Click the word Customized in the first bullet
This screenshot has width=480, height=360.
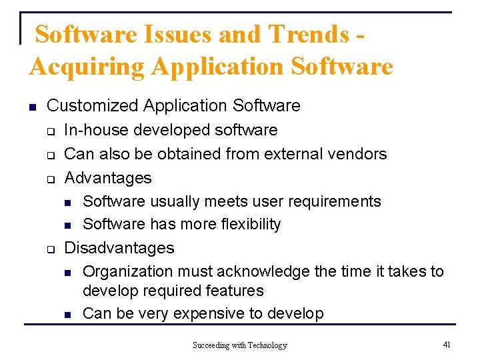click(93, 105)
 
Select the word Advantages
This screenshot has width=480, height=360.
click(108, 178)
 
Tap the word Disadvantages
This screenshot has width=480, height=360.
click(119, 248)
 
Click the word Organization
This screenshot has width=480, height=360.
click(127, 271)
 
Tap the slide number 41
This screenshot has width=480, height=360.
click(447, 344)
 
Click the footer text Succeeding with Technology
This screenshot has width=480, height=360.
click(240, 345)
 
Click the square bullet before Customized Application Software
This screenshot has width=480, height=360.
click(32, 106)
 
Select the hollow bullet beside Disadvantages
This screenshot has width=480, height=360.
click(50, 249)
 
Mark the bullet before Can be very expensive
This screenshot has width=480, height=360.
click(68, 314)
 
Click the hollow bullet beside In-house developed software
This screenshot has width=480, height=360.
click(50, 131)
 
